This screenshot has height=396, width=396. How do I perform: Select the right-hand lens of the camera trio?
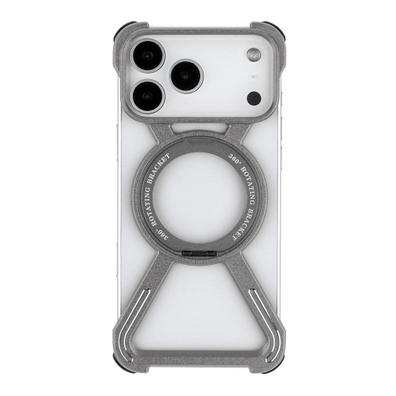[x=187, y=79]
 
